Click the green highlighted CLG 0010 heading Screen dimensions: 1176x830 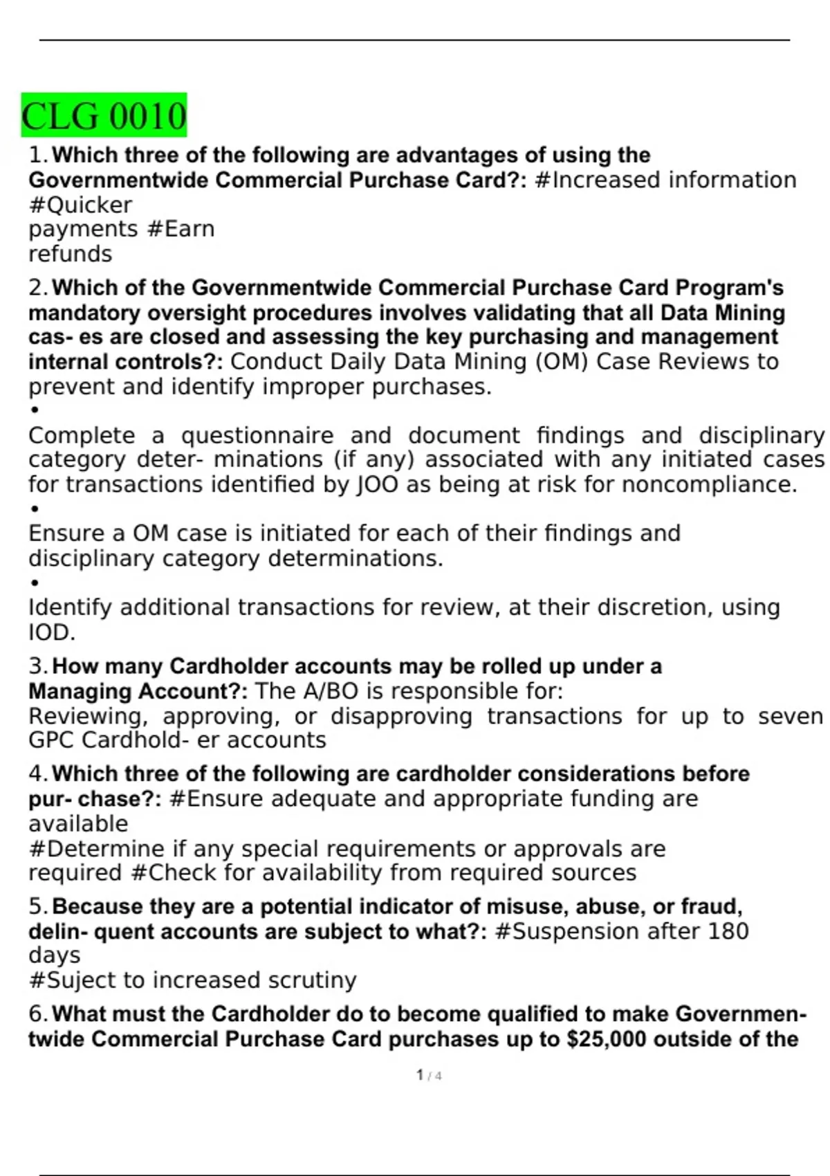(104, 116)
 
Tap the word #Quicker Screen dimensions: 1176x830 (80, 205)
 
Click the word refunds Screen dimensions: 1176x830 (70, 254)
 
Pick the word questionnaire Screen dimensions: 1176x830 (257, 436)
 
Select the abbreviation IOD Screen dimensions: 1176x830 (51, 632)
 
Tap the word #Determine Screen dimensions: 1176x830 (97, 849)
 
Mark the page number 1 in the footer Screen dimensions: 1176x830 (420, 1075)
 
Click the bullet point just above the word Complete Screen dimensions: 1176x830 (35, 410)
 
